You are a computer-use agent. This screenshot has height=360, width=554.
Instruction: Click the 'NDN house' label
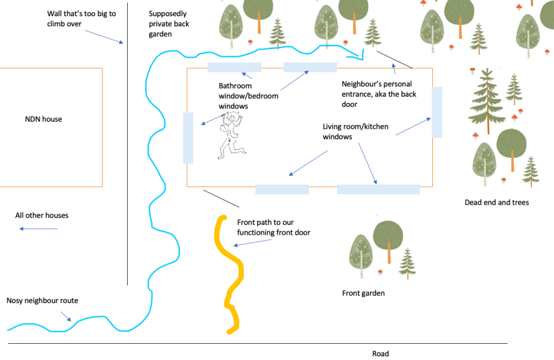pyautogui.click(x=43, y=119)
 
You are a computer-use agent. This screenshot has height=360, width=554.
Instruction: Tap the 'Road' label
pyautogui.click(x=381, y=353)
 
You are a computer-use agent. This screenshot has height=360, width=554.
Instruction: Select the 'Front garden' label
pyautogui.click(x=363, y=293)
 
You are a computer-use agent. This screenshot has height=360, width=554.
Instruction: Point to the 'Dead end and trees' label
pyautogui.click(x=497, y=202)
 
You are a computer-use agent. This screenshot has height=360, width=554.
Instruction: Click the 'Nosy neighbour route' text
pyautogui.click(x=43, y=301)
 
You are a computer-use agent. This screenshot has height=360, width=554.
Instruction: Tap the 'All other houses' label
pyautogui.click(x=42, y=215)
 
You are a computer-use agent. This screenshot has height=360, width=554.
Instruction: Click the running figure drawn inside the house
pyautogui.click(x=231, y=136)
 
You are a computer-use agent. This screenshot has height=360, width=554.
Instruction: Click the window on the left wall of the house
pyautogui.click(x=188, y=138)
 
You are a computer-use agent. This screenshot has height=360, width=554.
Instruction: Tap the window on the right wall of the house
pyautogui.click(x=436, y=112)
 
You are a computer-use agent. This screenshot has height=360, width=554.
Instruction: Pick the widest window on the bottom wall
pyautogui.click(x=378, y=189)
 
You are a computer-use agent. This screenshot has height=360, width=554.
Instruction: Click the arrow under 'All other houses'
pyautogui.click(x=38, y=229)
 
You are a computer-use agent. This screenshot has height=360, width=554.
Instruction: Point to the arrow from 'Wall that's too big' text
pyautogui.click(x=104, y=37)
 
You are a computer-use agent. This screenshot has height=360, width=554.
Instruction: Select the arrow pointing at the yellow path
pyautogui.click(x=252, y=242)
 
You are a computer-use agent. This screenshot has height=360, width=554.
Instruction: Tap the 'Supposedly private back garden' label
pyautogui.click(x=169, y=23)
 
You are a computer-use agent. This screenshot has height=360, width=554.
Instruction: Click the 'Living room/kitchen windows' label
pyautogui.click(x=356, y=131)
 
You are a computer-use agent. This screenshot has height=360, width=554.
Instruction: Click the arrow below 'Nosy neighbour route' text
pyautogui.click(x=66, y=316)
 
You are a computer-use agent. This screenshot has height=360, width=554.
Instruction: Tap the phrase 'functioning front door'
pyautogui.click(x=274, y=232)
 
